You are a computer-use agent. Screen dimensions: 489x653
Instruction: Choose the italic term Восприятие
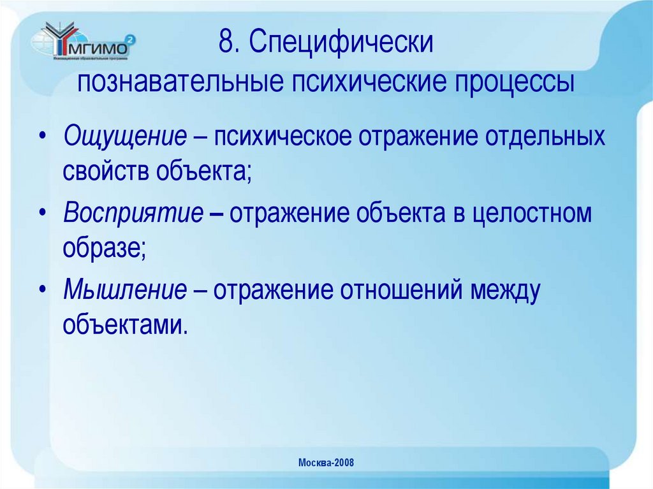(133, 214)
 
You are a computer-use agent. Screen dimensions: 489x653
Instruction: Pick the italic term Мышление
(124, 289)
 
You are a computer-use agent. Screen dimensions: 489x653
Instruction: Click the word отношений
(402, 289)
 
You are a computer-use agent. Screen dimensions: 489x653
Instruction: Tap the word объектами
(126, 323)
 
